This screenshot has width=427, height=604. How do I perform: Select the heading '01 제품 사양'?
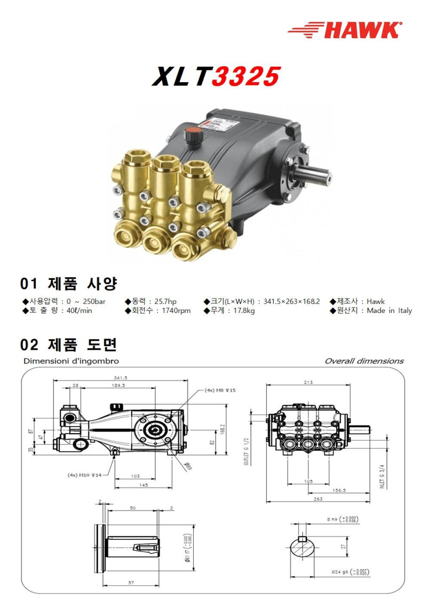(x=68, y=283)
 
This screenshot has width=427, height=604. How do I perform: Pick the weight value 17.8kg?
(x=242, y=311)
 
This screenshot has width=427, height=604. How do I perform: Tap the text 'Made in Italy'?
(x=389, y=311)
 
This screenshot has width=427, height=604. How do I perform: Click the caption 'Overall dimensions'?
(x=364, y=361)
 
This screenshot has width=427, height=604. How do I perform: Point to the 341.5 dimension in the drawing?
(x=121, y=377)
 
